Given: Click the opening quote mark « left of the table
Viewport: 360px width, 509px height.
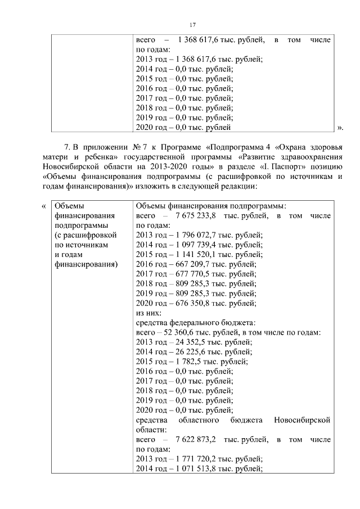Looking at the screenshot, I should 44,206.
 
